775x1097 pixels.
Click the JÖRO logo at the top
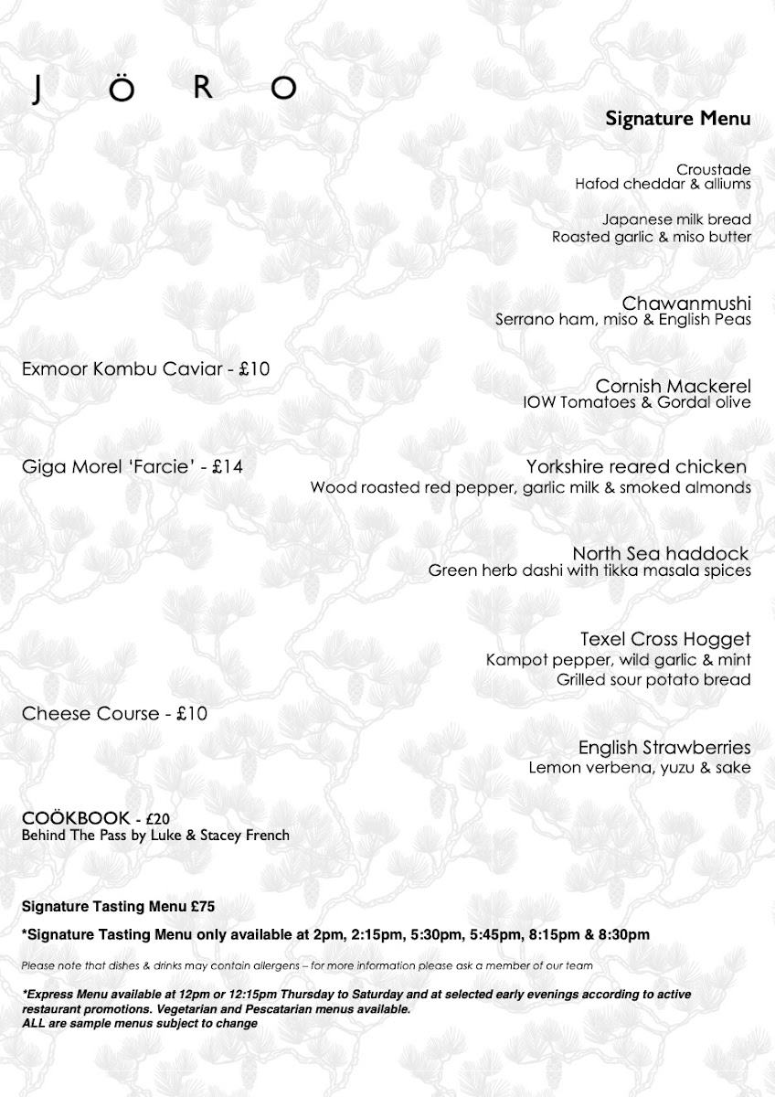[165, 88]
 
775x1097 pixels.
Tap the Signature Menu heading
[677, 118]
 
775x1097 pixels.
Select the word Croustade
[714, 169]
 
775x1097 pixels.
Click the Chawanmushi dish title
[686, 303]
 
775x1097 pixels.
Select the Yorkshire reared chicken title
[637, 467]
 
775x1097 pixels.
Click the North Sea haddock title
[661, 553]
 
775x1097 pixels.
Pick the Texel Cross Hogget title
[665, 638]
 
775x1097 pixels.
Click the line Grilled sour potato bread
[653, 679]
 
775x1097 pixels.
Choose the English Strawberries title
[664, 747]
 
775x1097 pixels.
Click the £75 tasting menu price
[202, 906]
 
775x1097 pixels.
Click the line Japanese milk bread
[677, 219]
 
